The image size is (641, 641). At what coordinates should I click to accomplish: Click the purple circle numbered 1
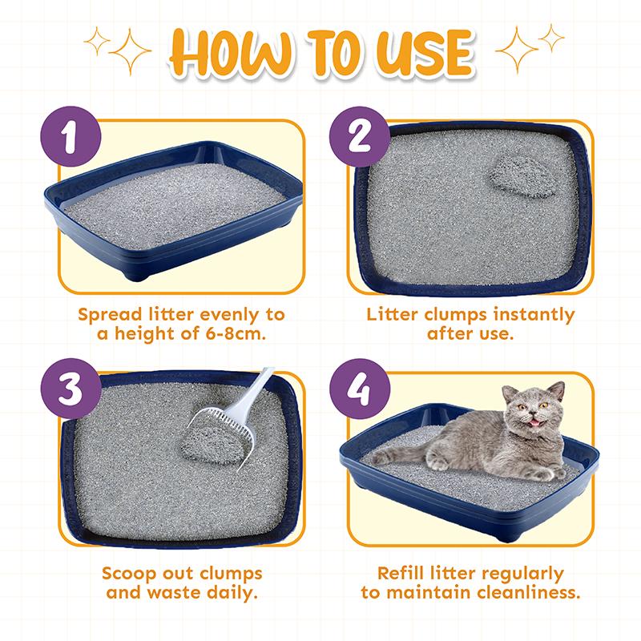[71, 136]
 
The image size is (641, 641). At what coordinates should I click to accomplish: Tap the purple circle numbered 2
[360, 136]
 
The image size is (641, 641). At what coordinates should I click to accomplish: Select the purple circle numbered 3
[71, 389]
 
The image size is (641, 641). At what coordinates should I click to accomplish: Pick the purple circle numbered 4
[360, 389]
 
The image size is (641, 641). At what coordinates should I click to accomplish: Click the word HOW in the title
[232, 53]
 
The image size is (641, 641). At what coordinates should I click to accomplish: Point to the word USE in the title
[425, 53]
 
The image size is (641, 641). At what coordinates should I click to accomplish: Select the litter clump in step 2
[522, 176]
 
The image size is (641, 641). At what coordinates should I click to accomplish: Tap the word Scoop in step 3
[129, 574]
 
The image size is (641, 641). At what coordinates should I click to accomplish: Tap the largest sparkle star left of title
[130, 51]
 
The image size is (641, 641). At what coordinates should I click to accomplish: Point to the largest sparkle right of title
[517, 50]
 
